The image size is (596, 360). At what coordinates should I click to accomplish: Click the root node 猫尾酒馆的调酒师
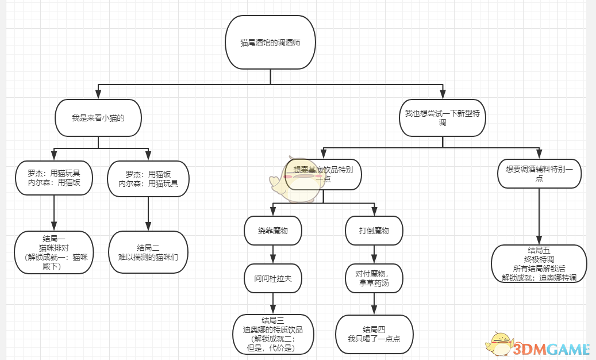[270, 43]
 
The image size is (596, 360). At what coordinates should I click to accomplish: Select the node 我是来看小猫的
[98, 118]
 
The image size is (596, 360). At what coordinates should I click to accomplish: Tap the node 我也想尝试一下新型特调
[443, 118]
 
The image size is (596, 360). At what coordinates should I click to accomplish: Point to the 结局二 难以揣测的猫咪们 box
[148, 252]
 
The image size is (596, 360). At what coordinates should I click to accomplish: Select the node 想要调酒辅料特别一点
[540, 174]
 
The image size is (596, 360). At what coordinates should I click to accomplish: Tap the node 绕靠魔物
[273, 231]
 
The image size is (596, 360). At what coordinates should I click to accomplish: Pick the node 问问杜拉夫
[273, 278]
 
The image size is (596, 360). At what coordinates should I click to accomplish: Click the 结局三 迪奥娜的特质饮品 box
[273, 334]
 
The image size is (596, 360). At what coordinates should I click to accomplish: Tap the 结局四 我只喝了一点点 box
[374, 334]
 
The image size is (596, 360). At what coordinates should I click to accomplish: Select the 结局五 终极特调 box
[539, 264]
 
